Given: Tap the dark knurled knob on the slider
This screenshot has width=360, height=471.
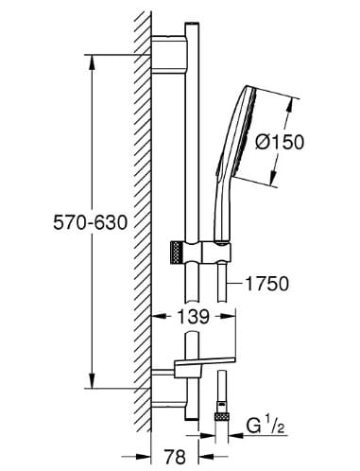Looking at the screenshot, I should tap(173, 253).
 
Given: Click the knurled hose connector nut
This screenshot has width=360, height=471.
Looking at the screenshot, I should tap(226, 415).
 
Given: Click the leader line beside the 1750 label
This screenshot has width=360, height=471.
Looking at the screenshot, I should tap(235, 283).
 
